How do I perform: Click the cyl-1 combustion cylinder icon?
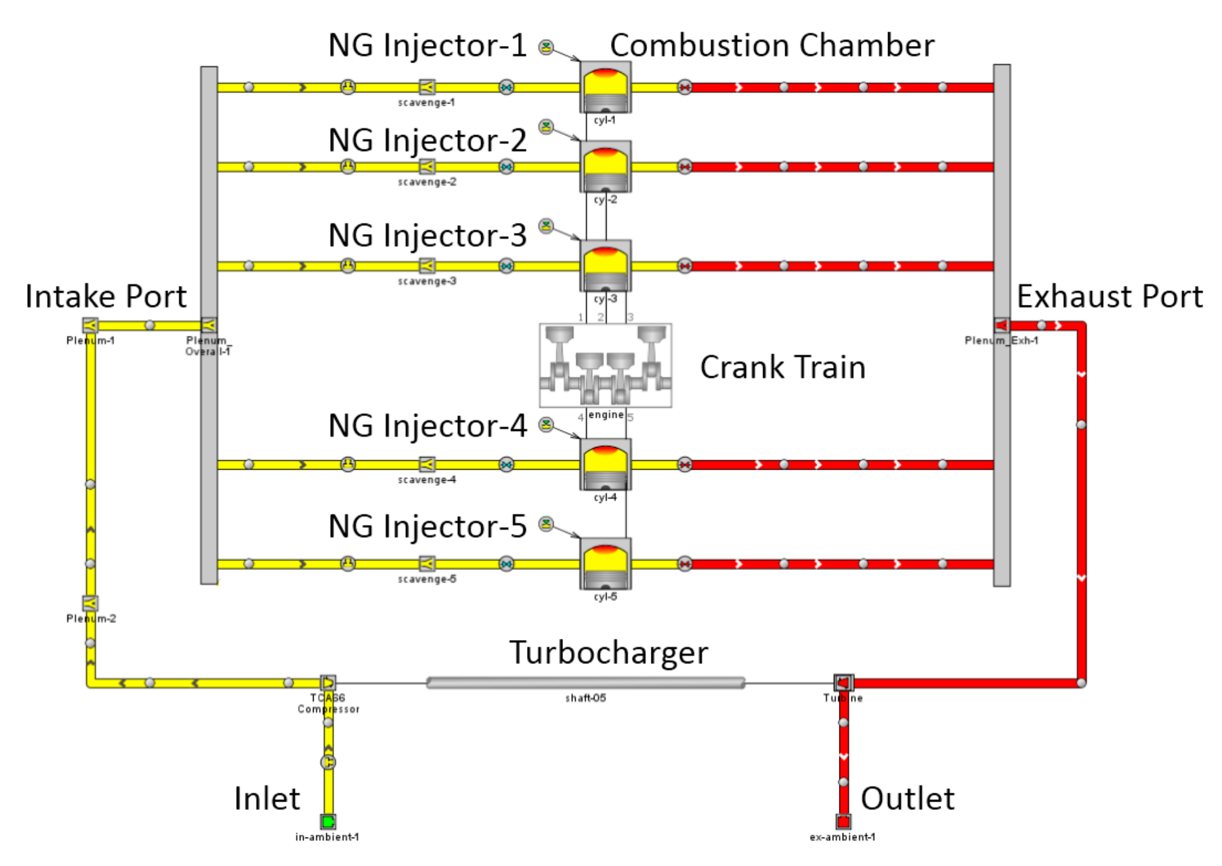click(x=605, y=87)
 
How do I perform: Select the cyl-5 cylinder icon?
click(x=605, y=563)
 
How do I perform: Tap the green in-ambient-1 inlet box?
click(x=328, y=821)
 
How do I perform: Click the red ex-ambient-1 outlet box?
click(x=843, y=821)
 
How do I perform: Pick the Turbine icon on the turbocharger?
click(x=843, y=682)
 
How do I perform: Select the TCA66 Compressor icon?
click(x=328, y=682)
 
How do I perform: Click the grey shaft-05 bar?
click(x=585, y=682)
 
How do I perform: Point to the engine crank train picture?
click(x=605, y=365)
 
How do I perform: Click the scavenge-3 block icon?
click(x=427, y=265)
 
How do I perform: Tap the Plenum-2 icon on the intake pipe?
click(x=90, y=603)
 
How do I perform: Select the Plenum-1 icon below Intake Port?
click(x=90, y=325)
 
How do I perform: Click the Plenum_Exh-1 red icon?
click(x=1001, y=325)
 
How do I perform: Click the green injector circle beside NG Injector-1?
click(x=546, y=47)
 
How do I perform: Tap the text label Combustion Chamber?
click(x=771, y=45)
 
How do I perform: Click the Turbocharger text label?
click(x=608, y=653)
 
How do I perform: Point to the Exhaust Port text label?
click(x=1109, y=297)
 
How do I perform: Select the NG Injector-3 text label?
click(x=427, y=235)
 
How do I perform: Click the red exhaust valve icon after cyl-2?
click(x=684, y=167)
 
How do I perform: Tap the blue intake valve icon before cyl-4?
click(x=506, y=465)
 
